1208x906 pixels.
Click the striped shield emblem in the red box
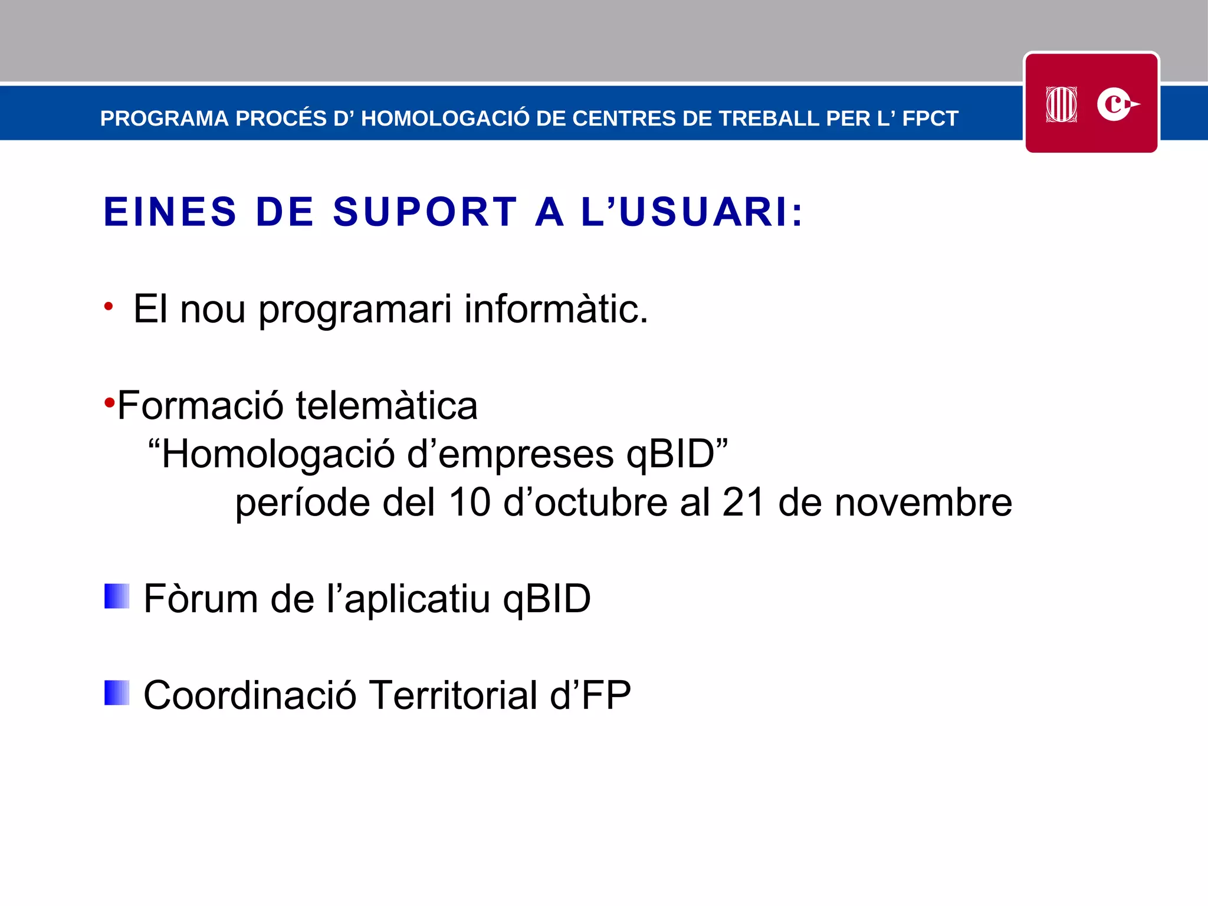(x=1061, y=104)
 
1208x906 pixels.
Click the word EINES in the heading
(x=170, y=212)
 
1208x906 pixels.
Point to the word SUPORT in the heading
(x=425, y=212)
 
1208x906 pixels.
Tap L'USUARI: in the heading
(x=692, y=212)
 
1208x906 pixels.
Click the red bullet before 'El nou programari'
(x=108, y=306)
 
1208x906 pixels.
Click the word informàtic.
(x=556, y=309)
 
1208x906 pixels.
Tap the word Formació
(x=200, y=406)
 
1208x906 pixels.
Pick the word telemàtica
(x=386, y=406)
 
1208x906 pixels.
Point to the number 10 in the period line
(x=470, y=503)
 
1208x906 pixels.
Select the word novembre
(x=923, y=503)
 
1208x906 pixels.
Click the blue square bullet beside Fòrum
(x=117, y=596)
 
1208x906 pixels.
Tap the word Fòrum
(x=201, y=599)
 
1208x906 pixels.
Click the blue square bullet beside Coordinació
(x=117, y=692)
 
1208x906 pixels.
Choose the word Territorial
(x=453, y=695)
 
